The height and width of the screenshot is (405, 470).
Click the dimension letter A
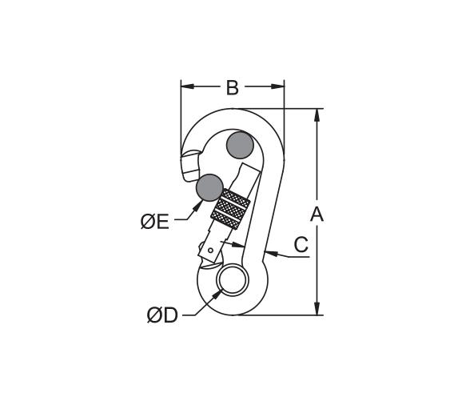(317, 214)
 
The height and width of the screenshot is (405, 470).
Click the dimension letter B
(233, 87)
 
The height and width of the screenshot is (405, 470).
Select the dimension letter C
(301, 244)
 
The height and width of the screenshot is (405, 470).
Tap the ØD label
(163, 315)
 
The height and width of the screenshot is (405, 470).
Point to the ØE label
(155, 223)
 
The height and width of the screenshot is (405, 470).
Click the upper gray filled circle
(240, 145)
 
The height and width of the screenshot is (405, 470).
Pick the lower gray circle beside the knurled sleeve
(209, 187)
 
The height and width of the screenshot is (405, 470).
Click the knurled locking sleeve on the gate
(230, 209)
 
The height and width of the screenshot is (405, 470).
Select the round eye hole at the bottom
(233, 279)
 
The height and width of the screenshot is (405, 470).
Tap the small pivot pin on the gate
(211, 250)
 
